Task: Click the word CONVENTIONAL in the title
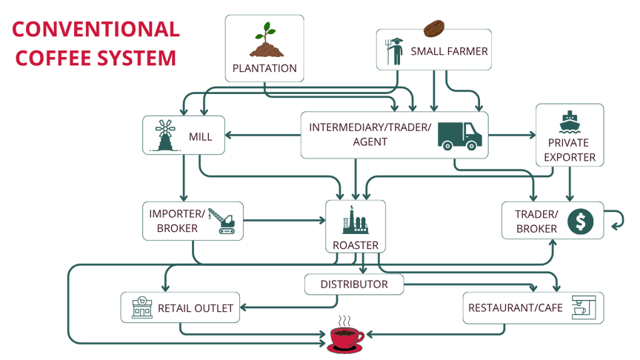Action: pyautogui.click(x=96, y=29)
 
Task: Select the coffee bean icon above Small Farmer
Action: pyautogui.click(x=434, y=29)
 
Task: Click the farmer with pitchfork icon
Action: pyautogui.click(x=394, y=50)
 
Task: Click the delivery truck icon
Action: pyautogui.click(x=459, y=135)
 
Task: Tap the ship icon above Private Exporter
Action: pyautogui.click(x=570, y=121)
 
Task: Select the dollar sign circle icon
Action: pyautogui.click(x=581, y=221)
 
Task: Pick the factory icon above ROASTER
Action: pyautogui.click(x=356, y=220)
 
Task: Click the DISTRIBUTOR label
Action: pyautogui.click(x=354, y=284)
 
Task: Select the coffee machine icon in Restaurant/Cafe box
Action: pyautogui.click(x=582, y=307)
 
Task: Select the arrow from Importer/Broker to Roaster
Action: pyautogui.click(x=284, y=221)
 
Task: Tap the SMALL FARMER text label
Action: pyautogui.click(x=449, y=51)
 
